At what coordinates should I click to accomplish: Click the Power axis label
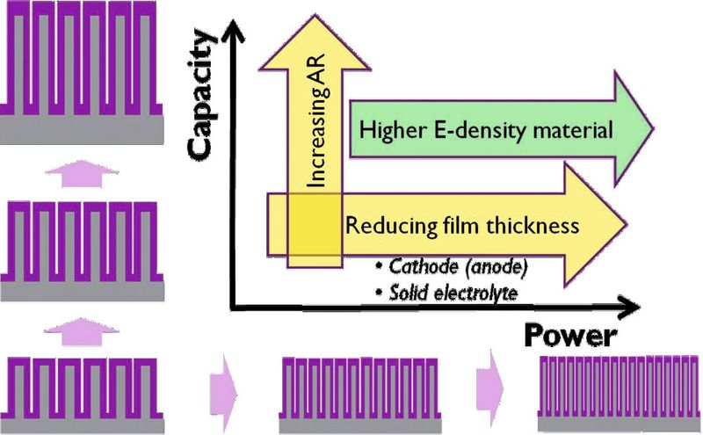tap(571, 336)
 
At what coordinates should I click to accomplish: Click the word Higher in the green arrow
tap(389, 132)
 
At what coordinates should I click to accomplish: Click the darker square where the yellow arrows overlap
tap(315, 228)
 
